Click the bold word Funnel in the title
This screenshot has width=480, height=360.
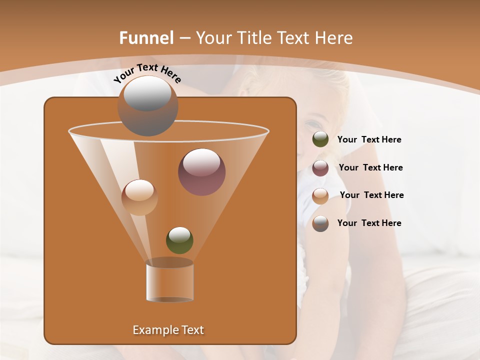click(x=146, y=38)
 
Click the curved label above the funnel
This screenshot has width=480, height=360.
click(x=147, y=73)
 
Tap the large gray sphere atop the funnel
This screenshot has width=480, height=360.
click(x=147, y=105)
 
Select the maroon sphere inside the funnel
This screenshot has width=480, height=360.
click(x=201, y=172)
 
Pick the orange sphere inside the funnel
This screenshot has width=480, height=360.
click(x=139, y=197)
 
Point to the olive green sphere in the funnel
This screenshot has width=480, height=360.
click(x=179, y=240)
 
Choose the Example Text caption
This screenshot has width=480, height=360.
click(x=168, y=330)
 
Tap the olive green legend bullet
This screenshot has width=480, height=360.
click(x=320, y=139)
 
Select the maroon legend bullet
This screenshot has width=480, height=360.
click(x=320, y=168)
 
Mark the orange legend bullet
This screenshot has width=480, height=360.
click(x=320, y=195)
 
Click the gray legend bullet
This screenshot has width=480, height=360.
click(x=320, y=223)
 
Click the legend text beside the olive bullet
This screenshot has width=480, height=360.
click(x=369, y=140)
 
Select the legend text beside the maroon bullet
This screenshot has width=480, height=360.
click(x=370, y=168)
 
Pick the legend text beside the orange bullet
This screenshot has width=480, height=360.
click(x=371, y=195)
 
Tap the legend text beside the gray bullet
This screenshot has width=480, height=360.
click(x=369, y=223)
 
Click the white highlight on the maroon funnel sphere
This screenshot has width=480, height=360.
click(x=201, y=163)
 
